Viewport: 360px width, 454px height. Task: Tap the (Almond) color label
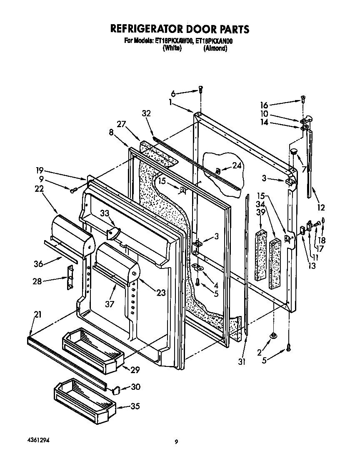pyautogui.click(x=215, y=48)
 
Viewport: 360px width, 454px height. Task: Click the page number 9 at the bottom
pyautogui.click(x=177, y=442)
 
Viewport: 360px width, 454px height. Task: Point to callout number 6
pyautogui.click(x=173, y=94)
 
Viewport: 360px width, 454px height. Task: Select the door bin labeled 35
pyautogui.click(x=83, y=399)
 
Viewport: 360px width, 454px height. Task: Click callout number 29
pyautogui.click(x=135, y=369)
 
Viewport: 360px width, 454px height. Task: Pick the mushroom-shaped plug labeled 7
pyautogui.click(x=294, y=151)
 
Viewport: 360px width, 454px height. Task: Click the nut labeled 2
pyautogui.click(x=273, y=335)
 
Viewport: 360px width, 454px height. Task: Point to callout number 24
pyautogui.click(x=237, y=166)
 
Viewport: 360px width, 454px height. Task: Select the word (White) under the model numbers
pyautogui.click(x=172, y=48)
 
